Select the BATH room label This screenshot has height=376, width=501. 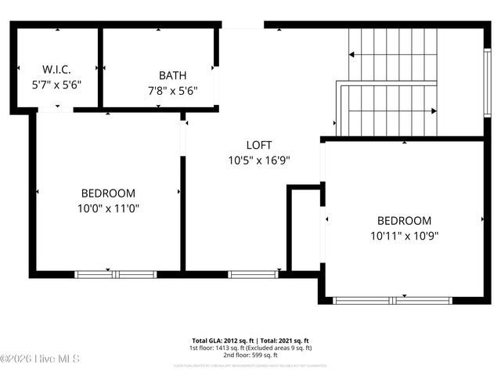(x=172, y=76)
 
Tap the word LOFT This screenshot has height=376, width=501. (x=259, y=145)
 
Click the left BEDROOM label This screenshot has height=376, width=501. (x=108, y=193)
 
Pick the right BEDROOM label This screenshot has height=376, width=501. (x=404, y=221)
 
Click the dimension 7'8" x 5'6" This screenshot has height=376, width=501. (x=172, y=89)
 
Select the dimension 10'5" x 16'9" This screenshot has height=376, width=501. (x=259, y=160)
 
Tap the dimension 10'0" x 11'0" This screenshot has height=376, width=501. (x=108, y=208)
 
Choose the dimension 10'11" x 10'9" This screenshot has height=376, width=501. (x=404, y=235)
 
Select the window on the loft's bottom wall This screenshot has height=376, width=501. (x=253, y=274)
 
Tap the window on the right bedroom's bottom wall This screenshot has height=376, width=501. (x=393, y=300)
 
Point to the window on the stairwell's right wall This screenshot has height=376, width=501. (x=487, y=71)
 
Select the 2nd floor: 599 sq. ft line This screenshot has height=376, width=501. (x=250, y=355)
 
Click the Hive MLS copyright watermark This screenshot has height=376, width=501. (x=41, y=359)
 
